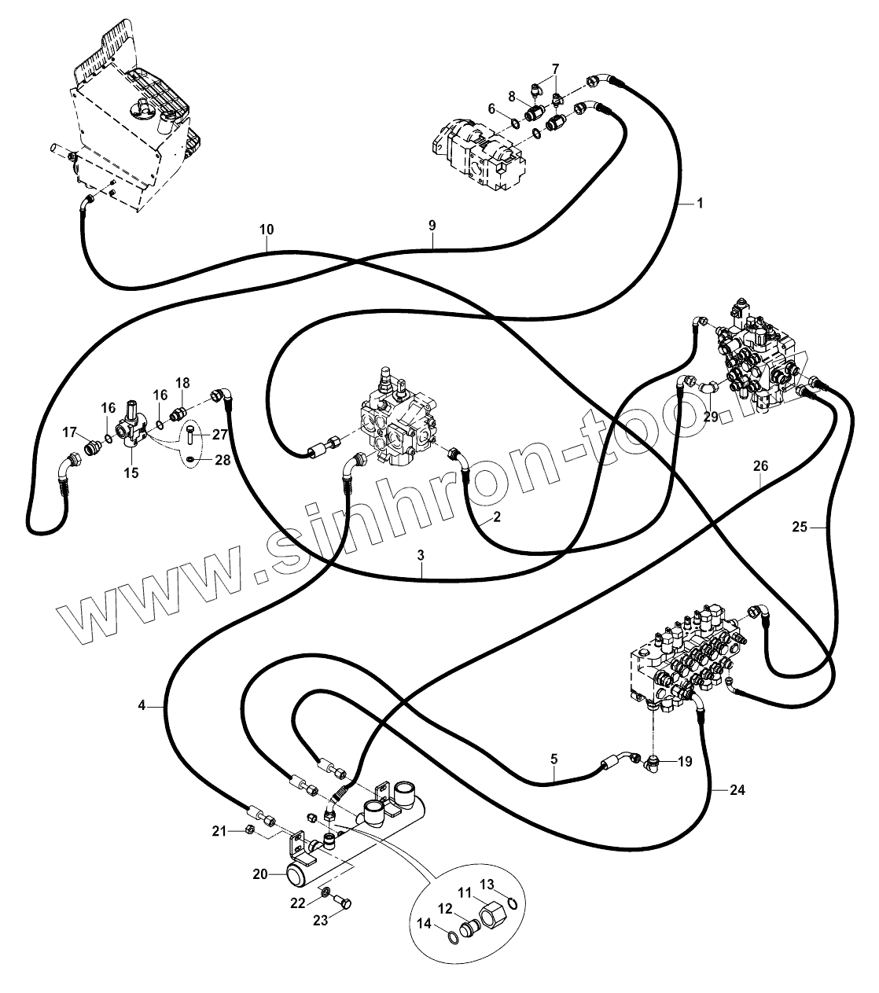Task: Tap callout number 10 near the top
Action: (267, 230)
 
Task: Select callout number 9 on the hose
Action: (432, 226)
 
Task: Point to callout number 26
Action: (759, 465)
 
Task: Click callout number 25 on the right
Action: (799, 528)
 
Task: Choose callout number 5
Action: (554, 759)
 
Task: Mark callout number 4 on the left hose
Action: (142, 706)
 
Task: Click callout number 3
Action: (421, 555)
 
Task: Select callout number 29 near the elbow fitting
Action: (711, 417)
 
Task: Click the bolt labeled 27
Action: (193, 434)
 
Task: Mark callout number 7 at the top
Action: (555, 68)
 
